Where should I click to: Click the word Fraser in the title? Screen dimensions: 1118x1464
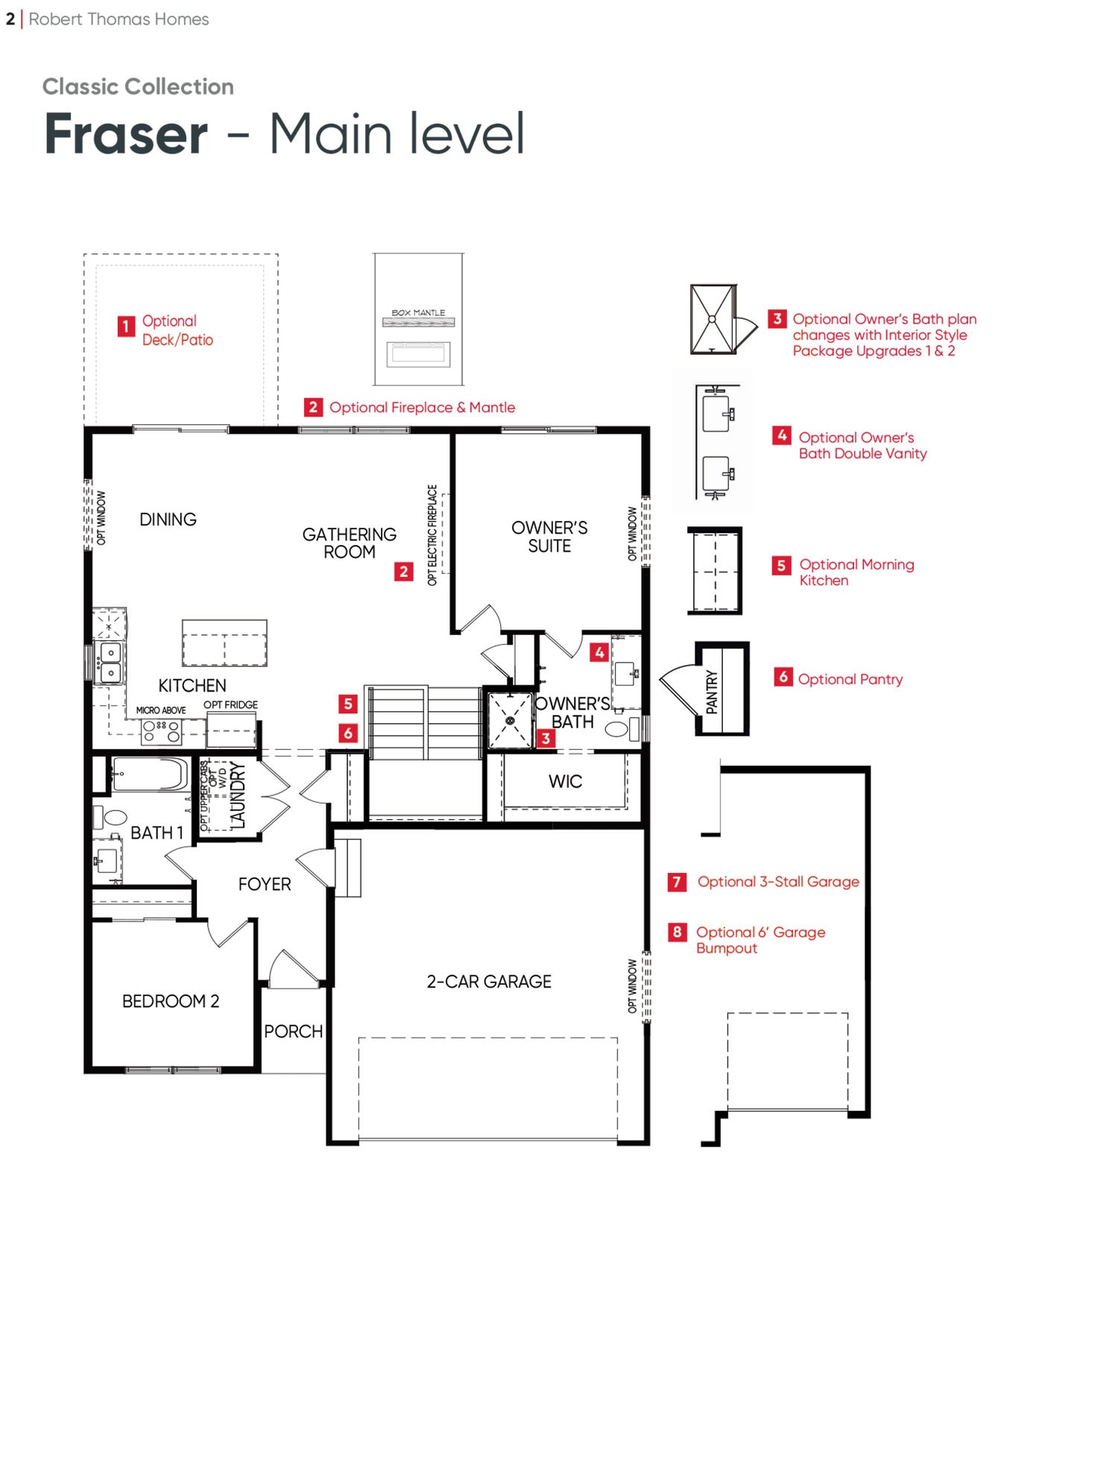tap(126, 134)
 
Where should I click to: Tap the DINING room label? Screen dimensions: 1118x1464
tap(168, 520)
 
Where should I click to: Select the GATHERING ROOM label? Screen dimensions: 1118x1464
tap(349, 543)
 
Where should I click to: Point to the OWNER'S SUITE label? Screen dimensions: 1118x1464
tap(549, 537)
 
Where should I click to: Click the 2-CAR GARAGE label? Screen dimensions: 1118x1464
tap(489, 982)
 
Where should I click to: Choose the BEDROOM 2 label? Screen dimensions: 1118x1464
tap(171, 1001)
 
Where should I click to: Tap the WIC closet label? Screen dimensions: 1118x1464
tap(565, 781)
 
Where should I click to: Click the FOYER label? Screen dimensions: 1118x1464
tap(265, 884)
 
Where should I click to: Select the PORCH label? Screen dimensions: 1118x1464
tap(293, 1032)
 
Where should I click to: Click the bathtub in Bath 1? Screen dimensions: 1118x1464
tap(151, 774)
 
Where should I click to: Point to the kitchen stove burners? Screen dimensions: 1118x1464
tap(162, 731)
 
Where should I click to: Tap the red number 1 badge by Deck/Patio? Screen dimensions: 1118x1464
tap(126, 326)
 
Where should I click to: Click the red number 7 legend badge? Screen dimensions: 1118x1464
tap(677, 882)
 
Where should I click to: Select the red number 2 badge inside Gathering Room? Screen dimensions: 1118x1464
tap(403, 572)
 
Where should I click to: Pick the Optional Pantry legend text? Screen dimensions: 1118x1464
tap(850, 679)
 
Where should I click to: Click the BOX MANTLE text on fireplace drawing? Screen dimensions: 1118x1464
tap(418, 313)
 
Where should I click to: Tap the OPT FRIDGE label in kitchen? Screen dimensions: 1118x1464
tap(230, 704)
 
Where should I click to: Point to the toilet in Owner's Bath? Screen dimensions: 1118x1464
tap(621, 728)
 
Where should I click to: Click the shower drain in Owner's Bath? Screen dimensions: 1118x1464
tap(510, 721)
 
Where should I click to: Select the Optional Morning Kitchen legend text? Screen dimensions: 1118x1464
tap(856, 572)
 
